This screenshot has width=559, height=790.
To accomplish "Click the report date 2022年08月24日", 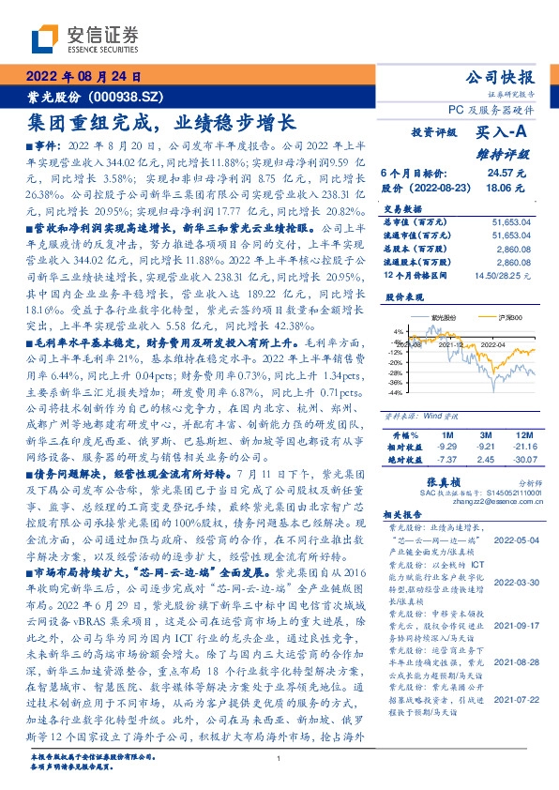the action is pos(83,77).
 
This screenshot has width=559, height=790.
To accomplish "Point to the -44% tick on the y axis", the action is pos(395,392).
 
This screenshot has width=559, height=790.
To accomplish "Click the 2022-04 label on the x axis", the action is pos(494,344).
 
